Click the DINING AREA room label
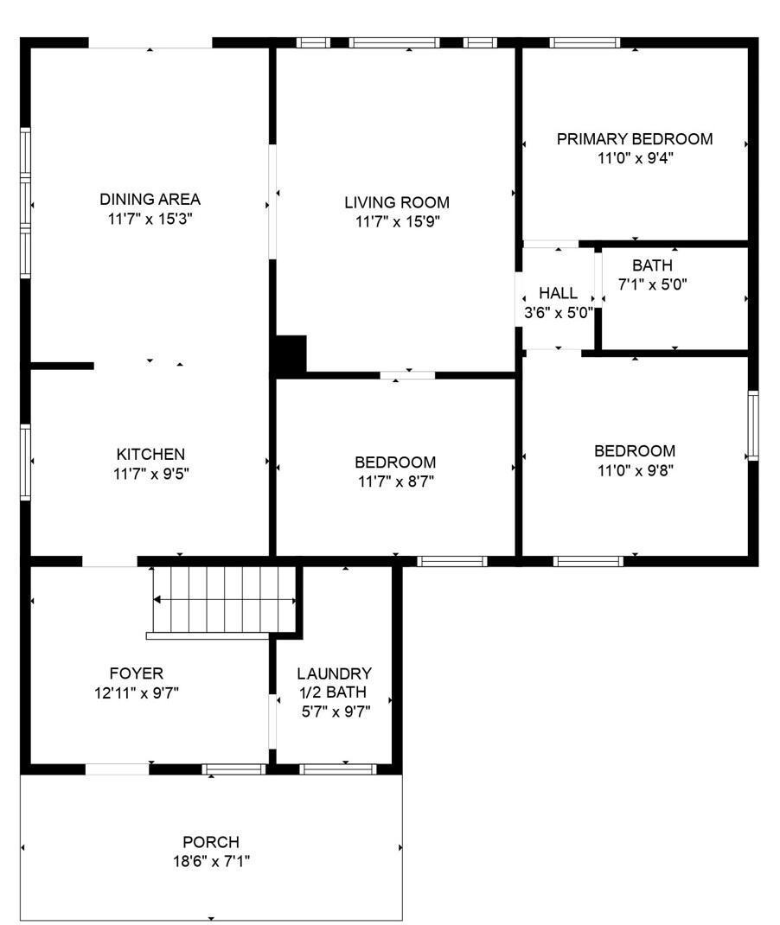150,200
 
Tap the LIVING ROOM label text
397,202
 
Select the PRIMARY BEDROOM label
635,138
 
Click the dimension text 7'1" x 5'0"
652,284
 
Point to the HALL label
558,294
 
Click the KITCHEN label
150,454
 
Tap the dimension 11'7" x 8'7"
395,482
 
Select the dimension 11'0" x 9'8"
635,470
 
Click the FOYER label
136,673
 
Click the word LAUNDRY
334,673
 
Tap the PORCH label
211,841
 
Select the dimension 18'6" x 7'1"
211,861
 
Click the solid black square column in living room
290,355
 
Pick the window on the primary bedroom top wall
585,42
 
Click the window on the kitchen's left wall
26,462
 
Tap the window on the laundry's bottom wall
337,769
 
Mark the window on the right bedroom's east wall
752,425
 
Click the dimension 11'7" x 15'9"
397,222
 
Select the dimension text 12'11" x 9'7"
136,692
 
